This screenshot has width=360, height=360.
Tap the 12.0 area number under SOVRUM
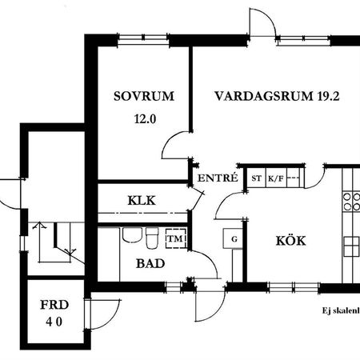(144, 119)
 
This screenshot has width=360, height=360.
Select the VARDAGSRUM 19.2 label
(266, 96)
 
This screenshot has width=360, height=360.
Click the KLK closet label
(141, 201)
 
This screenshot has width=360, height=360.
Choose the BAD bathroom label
(150, 262)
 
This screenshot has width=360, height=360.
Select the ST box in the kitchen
(256, 179)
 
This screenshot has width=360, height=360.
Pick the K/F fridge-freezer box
(275, 179)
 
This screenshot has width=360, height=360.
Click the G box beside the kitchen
(234, 238)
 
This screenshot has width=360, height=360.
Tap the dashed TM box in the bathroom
(174, 238)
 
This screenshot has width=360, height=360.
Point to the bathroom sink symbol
(131, 236)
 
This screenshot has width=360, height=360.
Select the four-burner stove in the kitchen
(350, 201)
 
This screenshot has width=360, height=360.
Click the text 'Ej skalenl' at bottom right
(336, 311)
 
